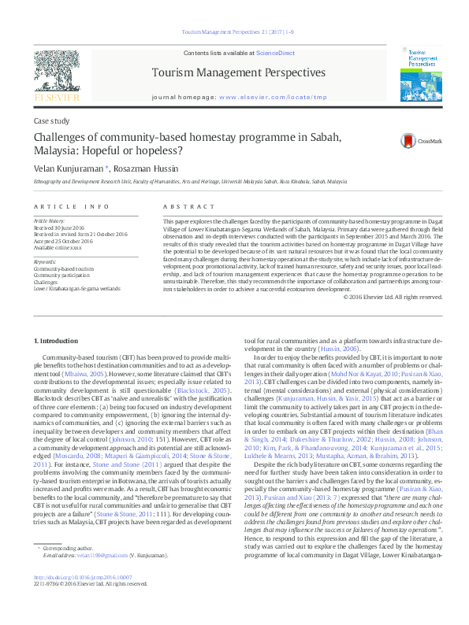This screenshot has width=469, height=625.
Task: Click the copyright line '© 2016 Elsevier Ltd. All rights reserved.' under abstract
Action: (393, 297)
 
